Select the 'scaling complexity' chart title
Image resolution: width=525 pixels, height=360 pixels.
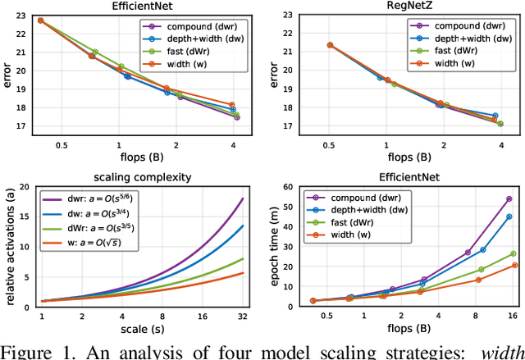click(138, 176)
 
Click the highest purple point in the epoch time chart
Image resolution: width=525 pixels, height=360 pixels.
click(509, 198)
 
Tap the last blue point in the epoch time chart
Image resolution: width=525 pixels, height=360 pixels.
click(509, 216)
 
